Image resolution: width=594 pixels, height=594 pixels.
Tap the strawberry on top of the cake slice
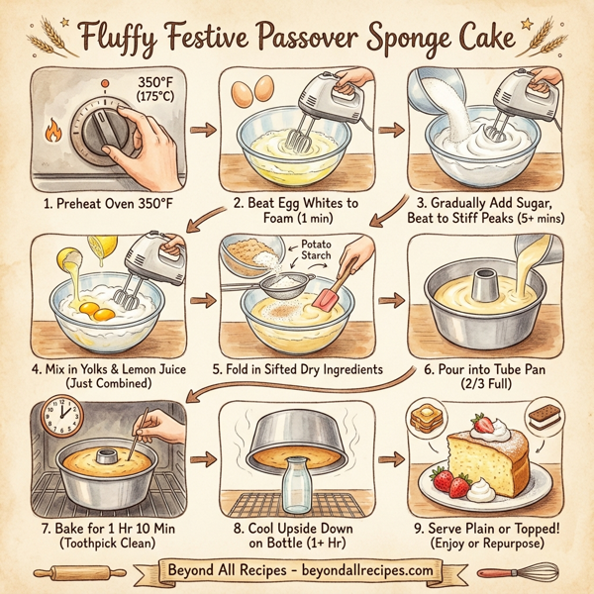485,426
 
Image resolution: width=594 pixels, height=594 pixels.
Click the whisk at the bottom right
515,572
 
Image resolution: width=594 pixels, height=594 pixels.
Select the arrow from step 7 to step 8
205,458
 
